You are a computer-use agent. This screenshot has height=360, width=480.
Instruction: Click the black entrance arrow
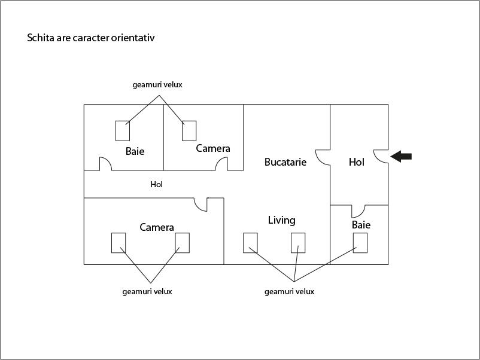(401, 157)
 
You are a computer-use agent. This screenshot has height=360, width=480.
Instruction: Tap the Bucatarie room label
(285, 162)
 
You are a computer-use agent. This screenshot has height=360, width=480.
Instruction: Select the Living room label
(281, 220)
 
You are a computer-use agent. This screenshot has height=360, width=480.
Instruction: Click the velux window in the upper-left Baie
(123, 130)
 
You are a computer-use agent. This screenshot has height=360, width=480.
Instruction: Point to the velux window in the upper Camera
(189, 130)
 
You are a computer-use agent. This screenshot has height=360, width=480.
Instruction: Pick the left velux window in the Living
(250, 243)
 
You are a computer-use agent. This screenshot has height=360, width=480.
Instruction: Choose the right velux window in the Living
(298, 243)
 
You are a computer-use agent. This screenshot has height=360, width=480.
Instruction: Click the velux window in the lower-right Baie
(360, 243)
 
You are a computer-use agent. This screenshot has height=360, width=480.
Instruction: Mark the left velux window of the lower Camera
(119, 243)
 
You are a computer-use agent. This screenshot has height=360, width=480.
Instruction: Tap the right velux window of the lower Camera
(182, 243)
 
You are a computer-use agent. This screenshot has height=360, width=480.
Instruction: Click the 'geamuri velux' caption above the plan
(157, 85)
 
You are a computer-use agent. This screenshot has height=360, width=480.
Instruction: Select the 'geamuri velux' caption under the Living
(289, 292)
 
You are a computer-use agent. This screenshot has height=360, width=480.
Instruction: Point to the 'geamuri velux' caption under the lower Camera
(147, 292)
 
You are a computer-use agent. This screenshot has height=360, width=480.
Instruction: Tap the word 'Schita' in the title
(40, 38)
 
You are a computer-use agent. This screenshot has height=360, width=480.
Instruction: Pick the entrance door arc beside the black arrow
(381, 155)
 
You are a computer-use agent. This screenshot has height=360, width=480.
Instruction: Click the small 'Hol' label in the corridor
(157, 185)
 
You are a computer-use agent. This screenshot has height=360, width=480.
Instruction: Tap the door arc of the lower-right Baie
(359, 211)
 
